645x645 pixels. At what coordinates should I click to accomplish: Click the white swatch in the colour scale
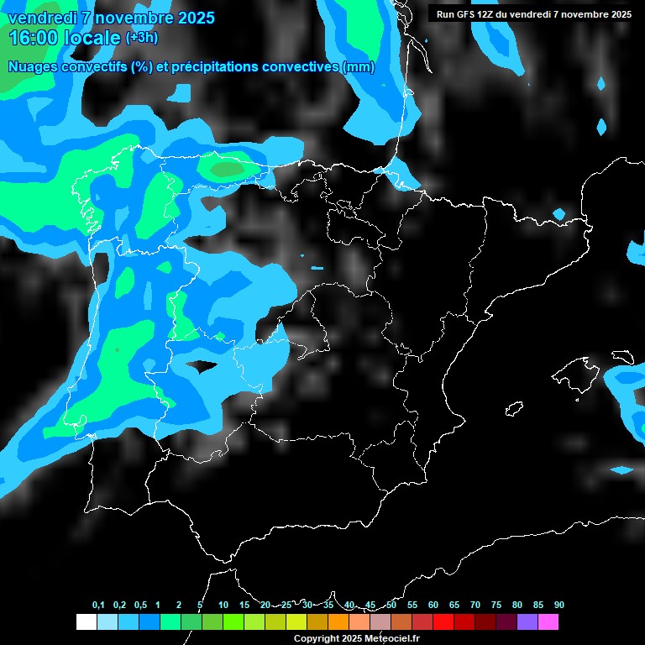[86, 622]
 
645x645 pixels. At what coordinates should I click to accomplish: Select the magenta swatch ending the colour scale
[548, 622]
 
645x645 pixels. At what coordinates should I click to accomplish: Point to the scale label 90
[558, 605]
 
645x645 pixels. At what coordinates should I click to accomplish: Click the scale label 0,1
[98, 605]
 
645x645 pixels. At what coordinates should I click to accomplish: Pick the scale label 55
[412, 605]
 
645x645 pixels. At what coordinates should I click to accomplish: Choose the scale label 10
[223, 605]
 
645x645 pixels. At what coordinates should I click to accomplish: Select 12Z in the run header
[486, 14]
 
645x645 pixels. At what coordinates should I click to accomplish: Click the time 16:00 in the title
[34, 38]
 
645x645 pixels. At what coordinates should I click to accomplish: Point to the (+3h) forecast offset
[141, 38]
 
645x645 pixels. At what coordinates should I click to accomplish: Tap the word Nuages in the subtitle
[33, 67]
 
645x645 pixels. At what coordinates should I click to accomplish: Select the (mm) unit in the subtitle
[359, 67]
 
